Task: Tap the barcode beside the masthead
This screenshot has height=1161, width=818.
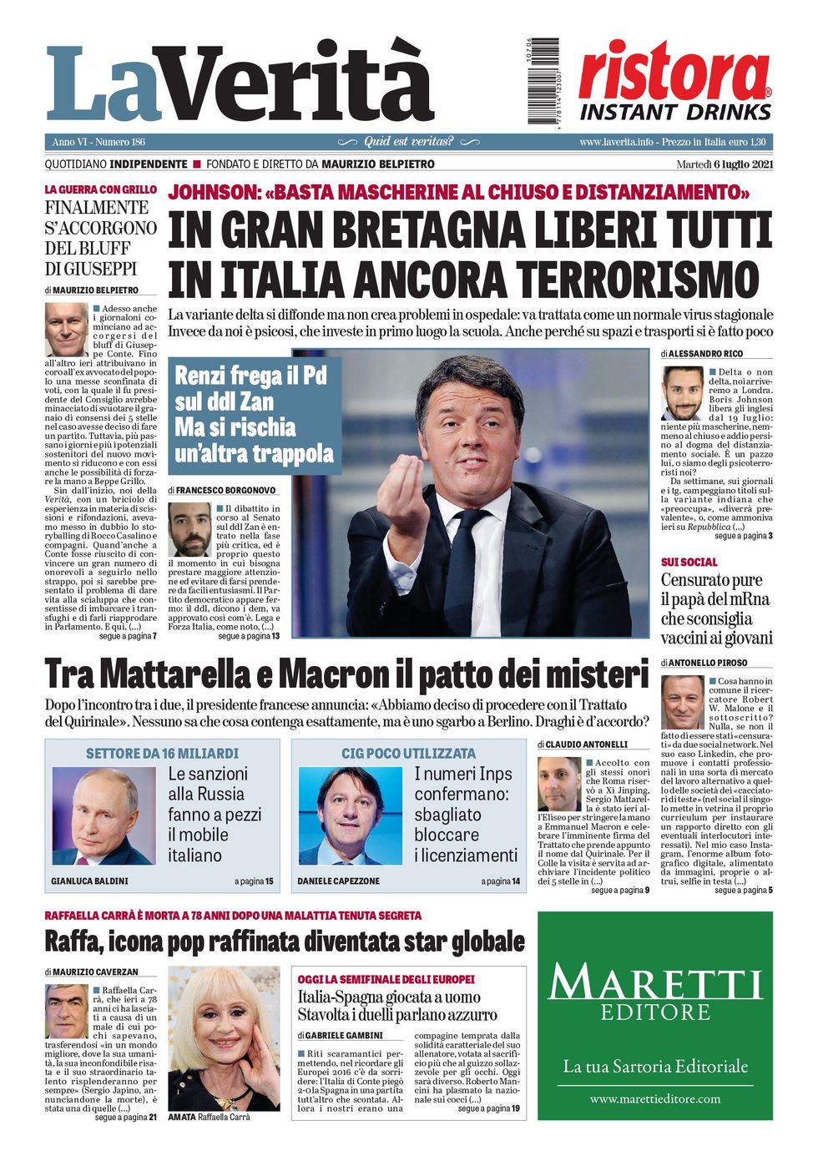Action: tap(543, 81)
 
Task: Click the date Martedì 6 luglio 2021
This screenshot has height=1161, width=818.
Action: tap(724, 164)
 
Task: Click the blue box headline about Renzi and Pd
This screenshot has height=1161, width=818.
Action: tap(254, 414)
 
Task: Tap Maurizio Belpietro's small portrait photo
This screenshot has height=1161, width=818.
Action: tap(65, 330)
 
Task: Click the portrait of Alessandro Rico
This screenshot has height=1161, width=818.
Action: tap(682, 393)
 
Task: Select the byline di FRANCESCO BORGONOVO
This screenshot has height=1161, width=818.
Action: tap(222, 490)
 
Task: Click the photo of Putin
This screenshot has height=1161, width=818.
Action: tap(104, 815)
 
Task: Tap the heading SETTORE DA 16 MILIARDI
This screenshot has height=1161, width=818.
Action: tap(162, 753)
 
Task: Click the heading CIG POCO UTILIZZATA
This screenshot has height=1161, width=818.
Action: tap(408, 753)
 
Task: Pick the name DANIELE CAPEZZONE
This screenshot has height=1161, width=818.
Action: tap(339, 881)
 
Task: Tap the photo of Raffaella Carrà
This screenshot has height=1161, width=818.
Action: tap(225, 1039)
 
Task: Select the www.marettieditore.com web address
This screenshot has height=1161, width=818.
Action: tap(654, 1098)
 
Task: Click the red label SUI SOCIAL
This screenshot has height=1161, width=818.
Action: tap(689, 562)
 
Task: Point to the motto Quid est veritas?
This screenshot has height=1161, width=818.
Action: tap(409, 141)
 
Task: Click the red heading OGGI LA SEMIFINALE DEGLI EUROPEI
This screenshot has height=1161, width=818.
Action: tap(386, 979)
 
